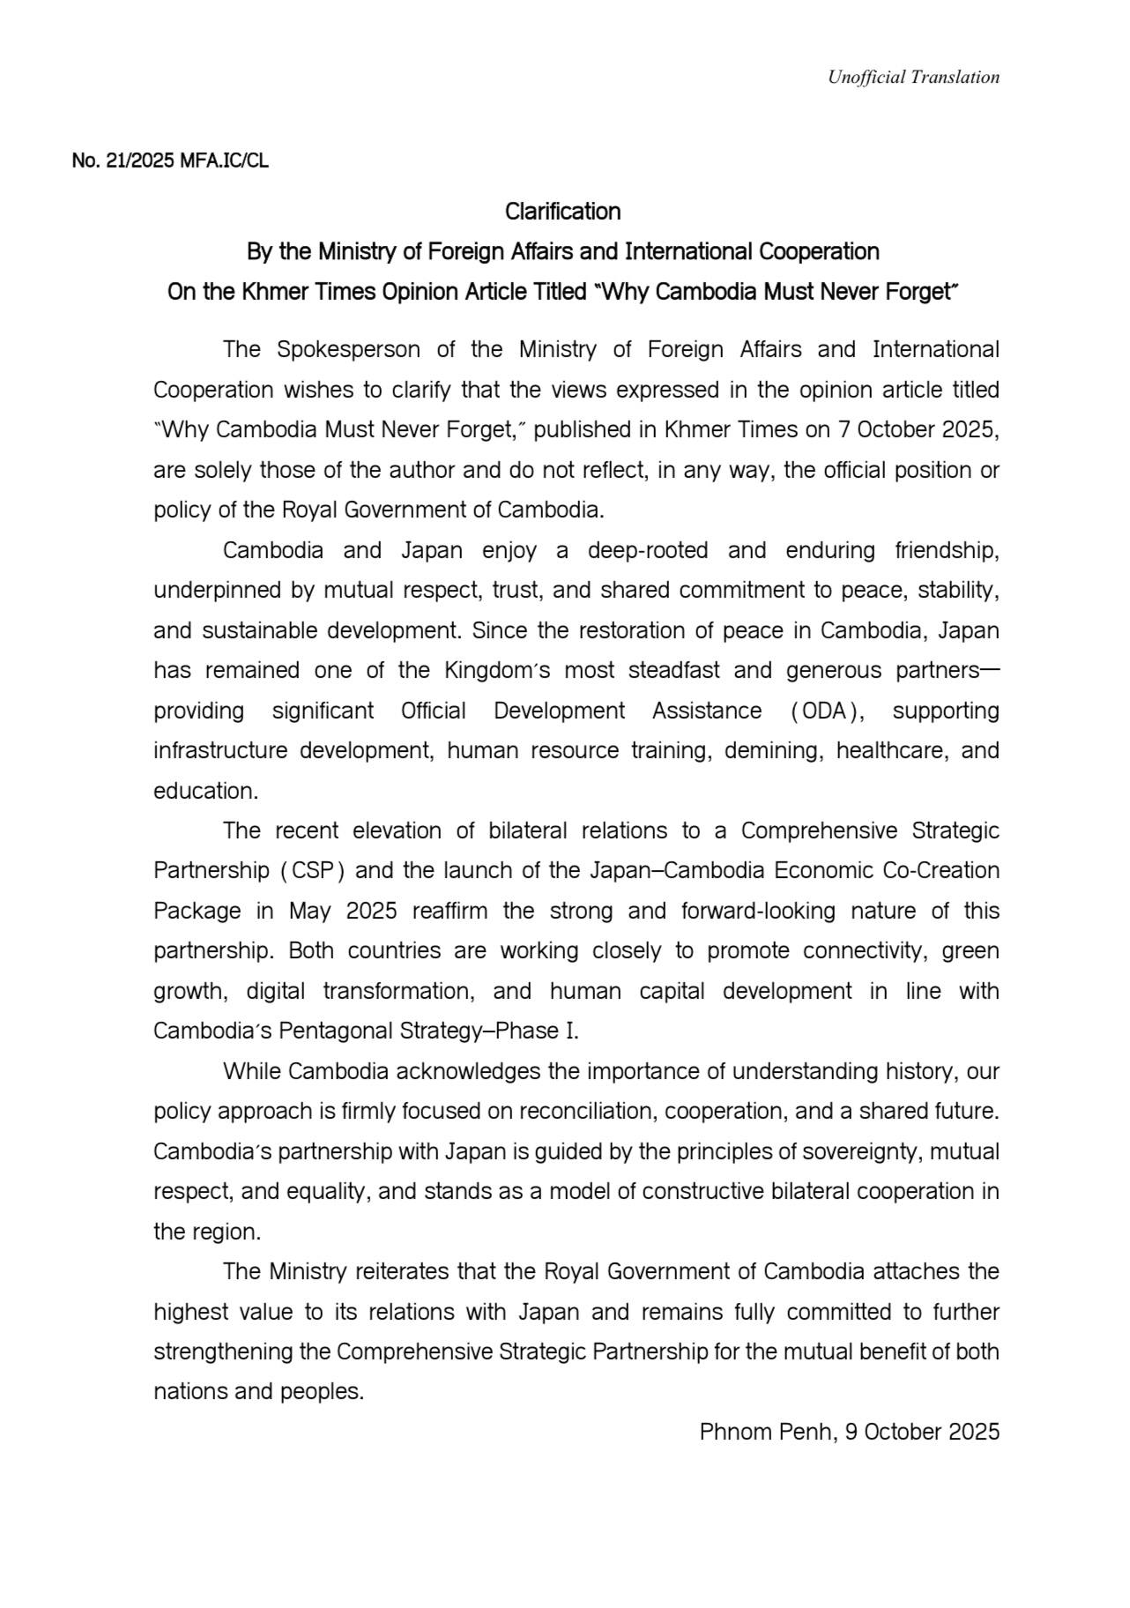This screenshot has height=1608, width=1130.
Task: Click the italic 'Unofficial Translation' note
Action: point(913,78)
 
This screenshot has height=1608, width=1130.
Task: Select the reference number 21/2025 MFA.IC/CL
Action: point(170,161)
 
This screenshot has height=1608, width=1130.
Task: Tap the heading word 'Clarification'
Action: point(562,212)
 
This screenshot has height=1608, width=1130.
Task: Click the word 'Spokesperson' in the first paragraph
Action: point(348,350)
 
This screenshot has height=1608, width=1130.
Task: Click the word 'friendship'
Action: point(946,551)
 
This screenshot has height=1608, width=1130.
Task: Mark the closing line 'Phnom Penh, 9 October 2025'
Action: point(849,1433)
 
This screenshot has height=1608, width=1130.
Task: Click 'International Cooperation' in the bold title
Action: point(752,252)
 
